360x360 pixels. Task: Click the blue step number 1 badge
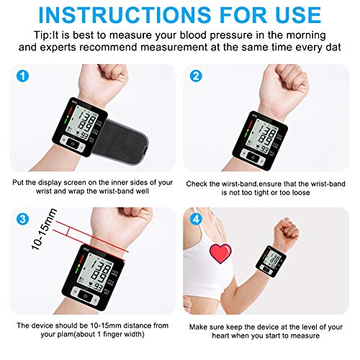(x=23, y=76)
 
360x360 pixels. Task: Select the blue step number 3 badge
(x=23, y=218)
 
